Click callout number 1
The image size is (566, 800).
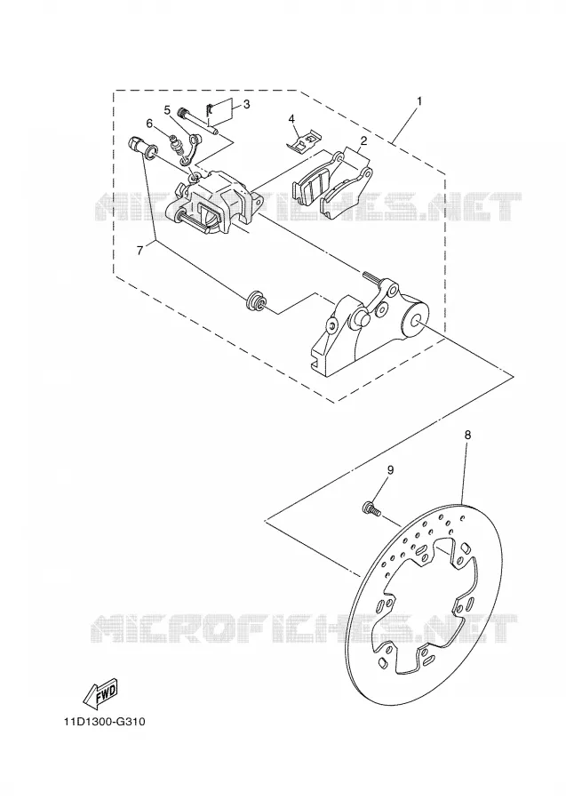pos(419,101)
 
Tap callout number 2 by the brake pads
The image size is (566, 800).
pos(363,140)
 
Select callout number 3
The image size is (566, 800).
pos(247,105)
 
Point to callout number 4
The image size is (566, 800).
pos(291,119)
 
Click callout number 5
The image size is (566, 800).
pos(167,109)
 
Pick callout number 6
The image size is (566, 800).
pos(149,123)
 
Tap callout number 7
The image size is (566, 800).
pos(140,250)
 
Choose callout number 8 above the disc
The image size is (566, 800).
pos(467,436)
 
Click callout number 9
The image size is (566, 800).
pos(390,470)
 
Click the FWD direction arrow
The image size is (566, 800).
pos(100,692)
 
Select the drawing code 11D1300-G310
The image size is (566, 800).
pos(105,722)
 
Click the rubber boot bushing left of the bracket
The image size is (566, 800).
pos(255,300)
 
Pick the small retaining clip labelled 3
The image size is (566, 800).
pos(209,108)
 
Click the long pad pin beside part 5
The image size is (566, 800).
pos(198,122)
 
